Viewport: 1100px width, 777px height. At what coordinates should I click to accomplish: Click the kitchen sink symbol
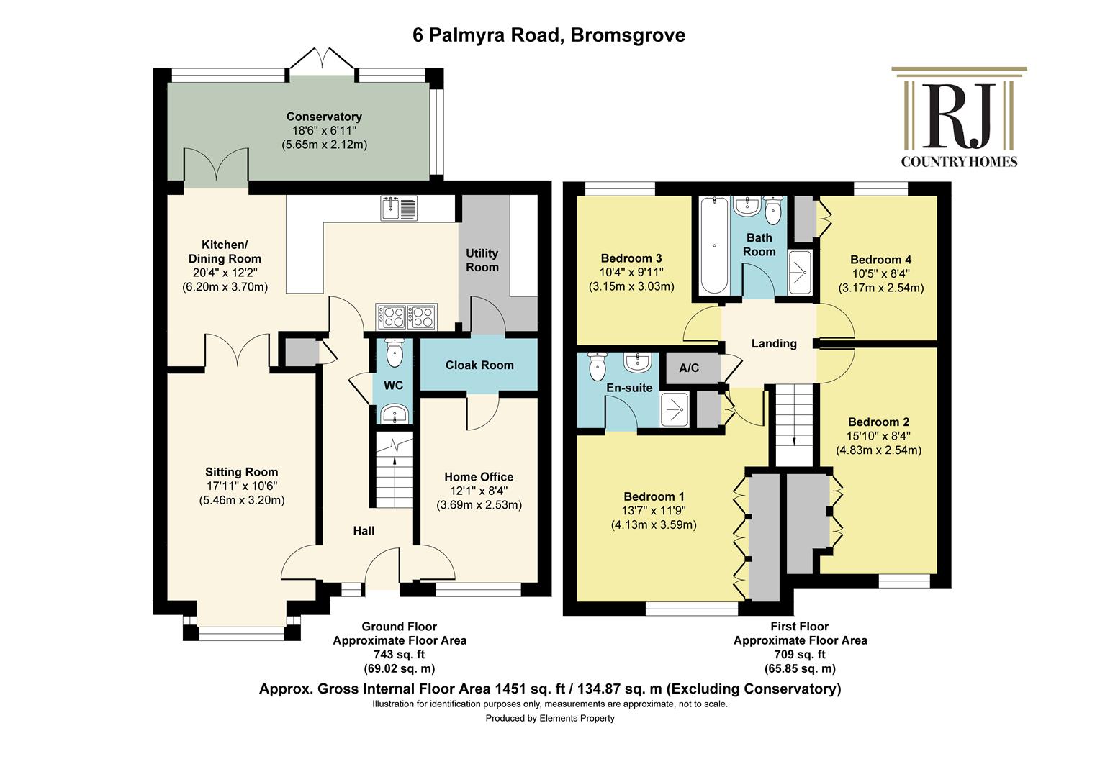pyautogui.click(x=399, y=208)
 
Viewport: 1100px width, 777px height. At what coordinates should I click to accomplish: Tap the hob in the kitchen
pyautogui.click(x=406, y=317)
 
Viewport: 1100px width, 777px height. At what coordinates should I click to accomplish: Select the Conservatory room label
pyautogui.click(x=324, y=117)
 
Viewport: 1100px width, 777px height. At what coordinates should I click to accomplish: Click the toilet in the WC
pyautogui.click(x=394, y=353)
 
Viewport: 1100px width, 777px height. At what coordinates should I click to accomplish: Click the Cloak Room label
pyautogui.click(x=479, y=365)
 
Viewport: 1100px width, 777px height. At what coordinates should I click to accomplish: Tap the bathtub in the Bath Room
pyautogui.click(x=714, y=245)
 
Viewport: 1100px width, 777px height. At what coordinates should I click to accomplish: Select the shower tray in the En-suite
pyautogui.click(x=675, y=409)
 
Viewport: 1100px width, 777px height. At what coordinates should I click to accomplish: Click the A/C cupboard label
pyautogui.click(x=688, y=368)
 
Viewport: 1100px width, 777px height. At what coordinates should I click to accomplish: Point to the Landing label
pyautogui.click(x=774, y=344)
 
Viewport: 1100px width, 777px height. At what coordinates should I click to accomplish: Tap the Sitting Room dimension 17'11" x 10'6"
pyautogui.click(x=242, y=486)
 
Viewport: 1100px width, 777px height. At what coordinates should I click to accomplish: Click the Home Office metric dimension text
pyautogui.click(x=479, y=504)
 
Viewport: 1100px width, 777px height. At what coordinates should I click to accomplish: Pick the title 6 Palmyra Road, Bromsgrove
pyautogui.click(x=549, y=35)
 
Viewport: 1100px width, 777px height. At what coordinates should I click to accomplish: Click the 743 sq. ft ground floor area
pyautogui.click(x=400, y=654)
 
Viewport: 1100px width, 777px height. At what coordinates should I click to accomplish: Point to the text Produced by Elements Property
pyautogui.click(x=550, y=718)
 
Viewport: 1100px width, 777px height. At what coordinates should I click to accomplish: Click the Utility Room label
pyautogui.click(x=482, y=260)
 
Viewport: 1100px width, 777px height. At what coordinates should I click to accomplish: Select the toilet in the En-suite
pyautogui.click(x=597, y=366)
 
